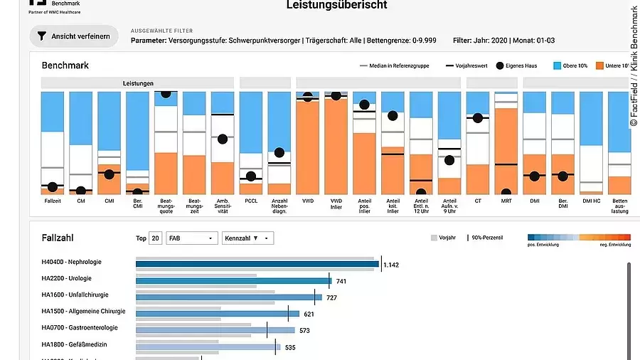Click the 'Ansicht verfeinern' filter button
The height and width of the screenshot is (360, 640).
point(74,36)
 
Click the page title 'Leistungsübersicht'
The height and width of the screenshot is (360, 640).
point(337,6)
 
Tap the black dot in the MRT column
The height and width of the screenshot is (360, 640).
point(506,192)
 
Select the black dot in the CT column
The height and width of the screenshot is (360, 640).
point(477,118)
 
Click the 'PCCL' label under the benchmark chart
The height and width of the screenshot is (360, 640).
point(250,201)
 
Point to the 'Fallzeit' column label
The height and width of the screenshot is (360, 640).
point(52,201)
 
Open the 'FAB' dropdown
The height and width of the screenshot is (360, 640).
point(191,238)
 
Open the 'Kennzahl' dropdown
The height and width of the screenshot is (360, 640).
point(247,238)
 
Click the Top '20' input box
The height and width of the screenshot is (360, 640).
point(156,238)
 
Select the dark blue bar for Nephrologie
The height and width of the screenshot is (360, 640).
point(257,264)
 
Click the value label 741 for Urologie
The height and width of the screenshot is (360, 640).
point(341,282)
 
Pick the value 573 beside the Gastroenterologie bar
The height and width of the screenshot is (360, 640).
point(305,330)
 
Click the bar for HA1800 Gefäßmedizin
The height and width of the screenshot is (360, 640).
point(206,347)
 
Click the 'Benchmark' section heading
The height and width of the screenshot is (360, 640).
point(65,65)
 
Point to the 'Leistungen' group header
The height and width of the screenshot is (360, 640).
point(137,83)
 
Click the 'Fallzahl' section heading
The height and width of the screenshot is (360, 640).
point(58,238)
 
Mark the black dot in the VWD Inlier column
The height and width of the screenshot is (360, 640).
point(336,96)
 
